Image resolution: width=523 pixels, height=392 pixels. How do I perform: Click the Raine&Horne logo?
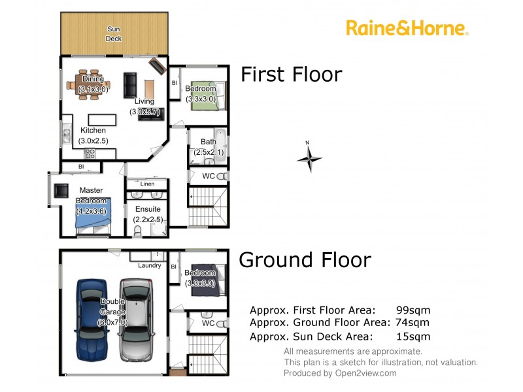click(407, 28)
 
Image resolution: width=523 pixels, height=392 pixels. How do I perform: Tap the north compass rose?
click(309, 157)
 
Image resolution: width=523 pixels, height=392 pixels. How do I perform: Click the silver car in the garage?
click(135, 319)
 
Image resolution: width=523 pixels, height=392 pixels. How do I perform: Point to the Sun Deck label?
click(114, 33)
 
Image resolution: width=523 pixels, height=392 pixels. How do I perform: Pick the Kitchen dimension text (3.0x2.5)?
click(93, 140)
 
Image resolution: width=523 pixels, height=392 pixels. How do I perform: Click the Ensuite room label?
click(148, 209)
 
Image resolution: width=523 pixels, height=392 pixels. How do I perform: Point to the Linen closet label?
click(147, 184)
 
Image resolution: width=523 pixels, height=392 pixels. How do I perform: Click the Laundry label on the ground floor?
click(149, 265)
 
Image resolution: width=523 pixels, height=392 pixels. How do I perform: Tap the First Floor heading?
click(291, 74)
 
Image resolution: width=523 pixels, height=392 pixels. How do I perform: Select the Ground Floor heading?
click(305, 259)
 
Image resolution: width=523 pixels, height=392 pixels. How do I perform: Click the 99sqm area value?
click(413, 310)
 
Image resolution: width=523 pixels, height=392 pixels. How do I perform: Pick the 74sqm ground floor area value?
click(410, 322)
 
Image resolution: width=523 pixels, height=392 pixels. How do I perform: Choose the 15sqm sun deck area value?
click(413, 336)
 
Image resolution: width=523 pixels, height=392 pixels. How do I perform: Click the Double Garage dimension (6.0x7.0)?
click(112, 322)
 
